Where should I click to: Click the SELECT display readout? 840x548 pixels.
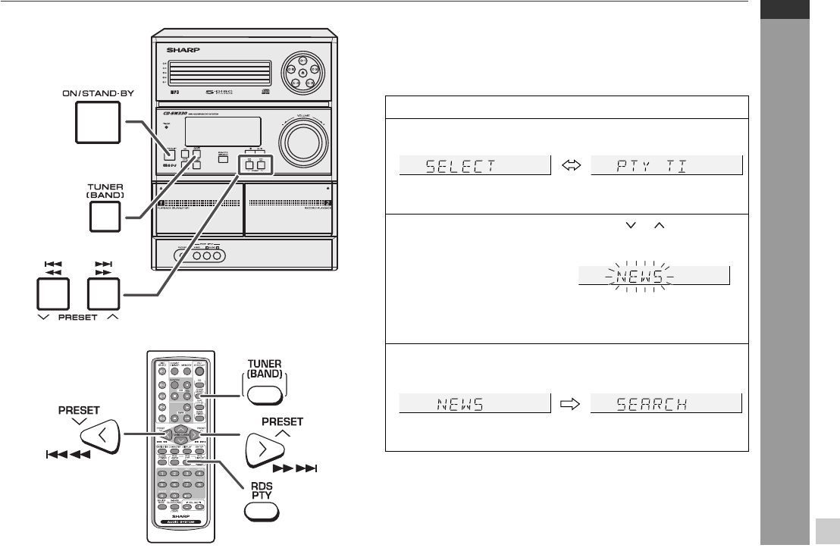click(474, 166)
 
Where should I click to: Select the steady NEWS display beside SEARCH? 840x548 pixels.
click(474, 402)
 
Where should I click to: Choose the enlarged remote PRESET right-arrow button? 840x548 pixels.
click(264, 455)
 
